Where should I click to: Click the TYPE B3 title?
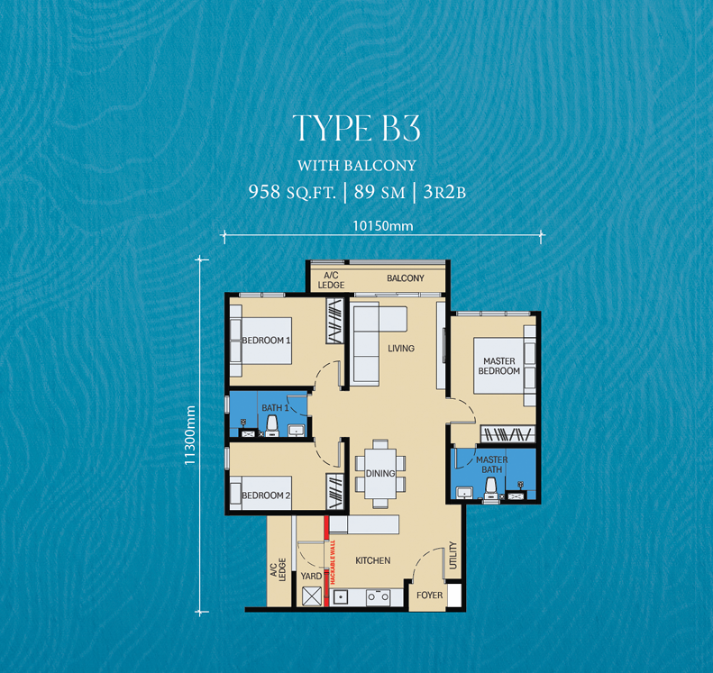356,129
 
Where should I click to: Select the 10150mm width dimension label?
384,226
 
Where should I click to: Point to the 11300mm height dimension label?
189,435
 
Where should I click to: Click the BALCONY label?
405,278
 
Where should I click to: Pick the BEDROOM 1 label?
266,341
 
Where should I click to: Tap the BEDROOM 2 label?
266,496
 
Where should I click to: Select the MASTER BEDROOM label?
498,366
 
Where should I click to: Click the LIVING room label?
400,348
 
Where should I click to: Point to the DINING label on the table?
379,472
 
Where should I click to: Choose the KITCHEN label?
372,560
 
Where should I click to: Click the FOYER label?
429,596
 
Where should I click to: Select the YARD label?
310,576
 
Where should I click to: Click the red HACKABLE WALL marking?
326,563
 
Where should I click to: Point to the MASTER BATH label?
491,465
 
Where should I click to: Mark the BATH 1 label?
273,408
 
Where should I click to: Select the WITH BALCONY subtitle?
356,165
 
